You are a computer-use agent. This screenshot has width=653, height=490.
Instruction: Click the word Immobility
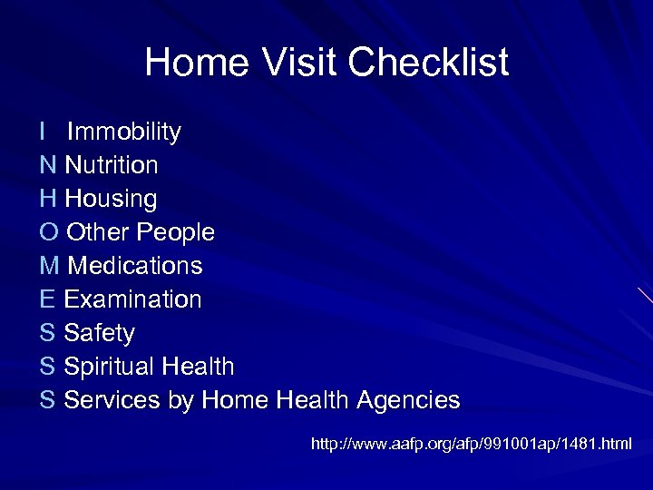pyautogui.click(x=124, y=132)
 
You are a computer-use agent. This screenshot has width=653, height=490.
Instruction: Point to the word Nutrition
pyautogui.click(x=112, y=166)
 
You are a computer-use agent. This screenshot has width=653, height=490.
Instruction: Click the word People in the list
pyautogui.click(x=175, y=233)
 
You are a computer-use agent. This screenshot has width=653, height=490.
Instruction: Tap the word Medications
pyautogui.click(x=135, y=267)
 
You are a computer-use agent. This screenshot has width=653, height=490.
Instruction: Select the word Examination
pyautogui.click(x=133, y=300)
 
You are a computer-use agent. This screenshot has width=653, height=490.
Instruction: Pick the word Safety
pyautogui.click(x=100, y=334)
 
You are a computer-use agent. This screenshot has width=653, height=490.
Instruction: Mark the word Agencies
pyautogui.click(x=408, y=400)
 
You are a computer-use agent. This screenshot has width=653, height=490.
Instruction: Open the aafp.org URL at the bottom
pyautogui.click(x=472, y=445)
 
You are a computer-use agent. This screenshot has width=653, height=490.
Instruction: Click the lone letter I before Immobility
pyautogui.click(x=44, y=132)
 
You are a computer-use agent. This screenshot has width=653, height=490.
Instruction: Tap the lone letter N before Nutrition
pyautogui.click(x=48, y=166)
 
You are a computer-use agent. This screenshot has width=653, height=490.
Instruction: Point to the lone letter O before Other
pyautogui.click(x=49, y=233)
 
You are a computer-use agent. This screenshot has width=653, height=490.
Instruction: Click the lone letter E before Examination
pyautogui.click(x=47, y=300)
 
